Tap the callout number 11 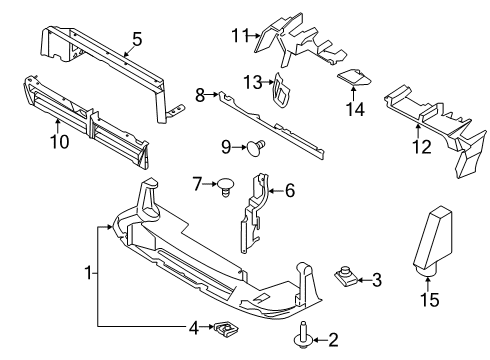point(237,36)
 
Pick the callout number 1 point(89,272)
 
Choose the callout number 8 point(200,94)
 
